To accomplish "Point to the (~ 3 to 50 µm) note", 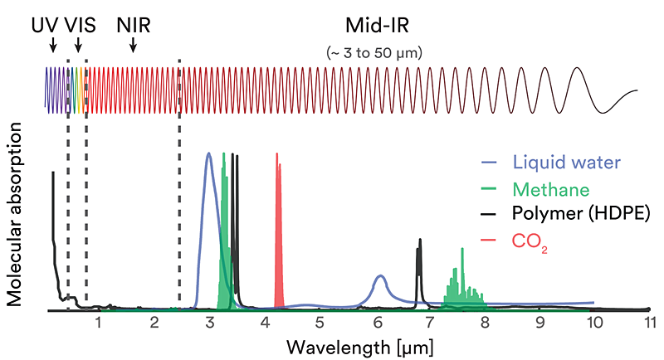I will tap(376, 52).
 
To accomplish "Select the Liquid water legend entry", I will tap(565, 161).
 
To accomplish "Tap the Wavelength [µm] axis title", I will tap(359, 346).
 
